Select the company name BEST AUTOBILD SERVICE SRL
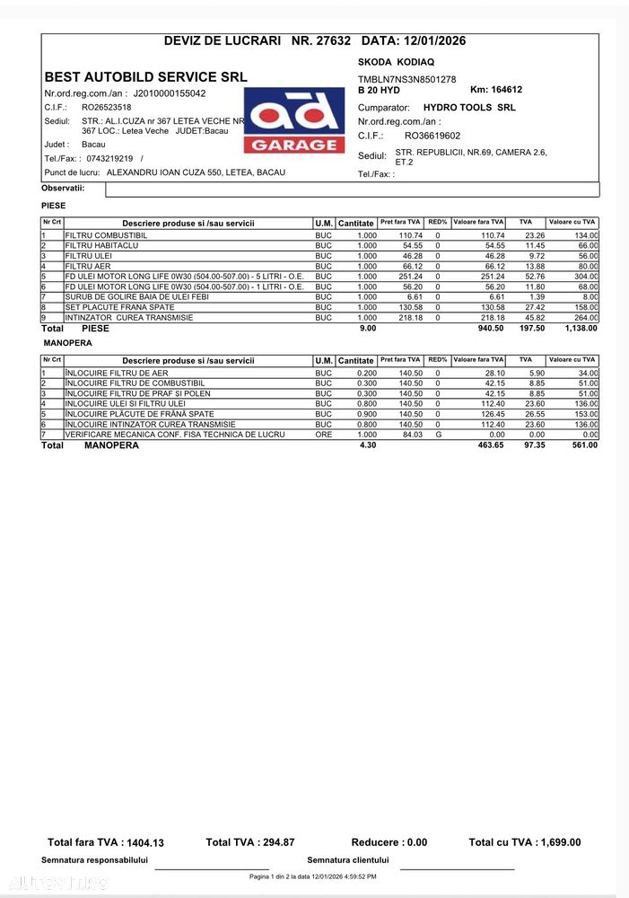click(146, 77)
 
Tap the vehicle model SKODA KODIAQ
click(396, 63)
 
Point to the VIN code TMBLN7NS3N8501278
click(406, 80)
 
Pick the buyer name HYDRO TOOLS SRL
click(469, 107)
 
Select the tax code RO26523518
click(106, 107)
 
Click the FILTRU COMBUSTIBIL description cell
click(106, 235)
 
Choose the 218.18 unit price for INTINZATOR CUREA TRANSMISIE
click(410, 318)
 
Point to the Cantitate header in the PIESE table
click(356, 223)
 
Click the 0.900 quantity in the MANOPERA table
click(367, 414)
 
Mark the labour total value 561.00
click(583, 445)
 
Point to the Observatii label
click(63, 188)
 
